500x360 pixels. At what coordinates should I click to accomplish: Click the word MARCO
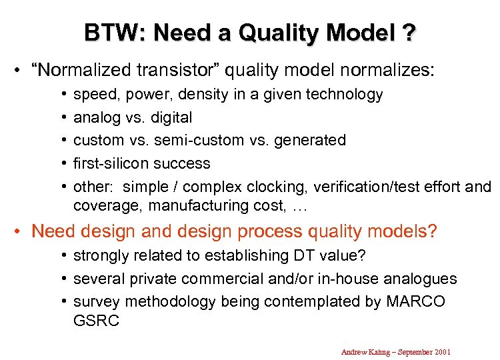(x=415, y=301)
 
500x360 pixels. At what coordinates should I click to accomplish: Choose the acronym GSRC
(x=96, y=321)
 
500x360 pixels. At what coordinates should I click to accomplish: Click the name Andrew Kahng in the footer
(x=364, y=351)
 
